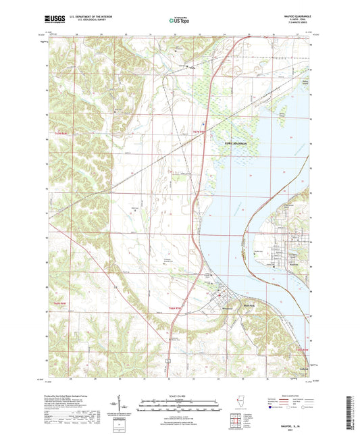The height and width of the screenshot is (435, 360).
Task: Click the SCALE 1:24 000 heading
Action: (x=180, y=395)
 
